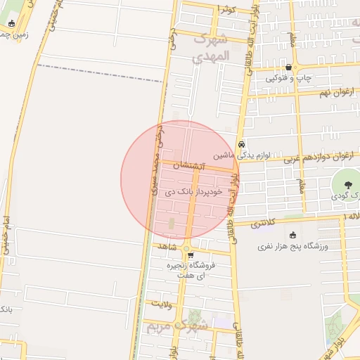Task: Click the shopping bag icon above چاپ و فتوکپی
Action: pyautogui.click(x=288, y=67)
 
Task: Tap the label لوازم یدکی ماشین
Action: pyautogui.click(x=242, y=154)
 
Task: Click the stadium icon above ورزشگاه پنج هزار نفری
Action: pyautogui.click(x=292, y=236)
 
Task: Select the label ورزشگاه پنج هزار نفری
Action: pyautogui.click(x=288, y=246)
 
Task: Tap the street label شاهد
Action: pyautogui.click(x=167, y=246)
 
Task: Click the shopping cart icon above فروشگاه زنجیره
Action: pyautogui.click(x=189, y=255)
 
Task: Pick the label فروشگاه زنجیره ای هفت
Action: pyautogui.click(x=190, y=271)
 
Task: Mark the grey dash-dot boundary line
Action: pyautogui.click(x=98, y=72)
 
